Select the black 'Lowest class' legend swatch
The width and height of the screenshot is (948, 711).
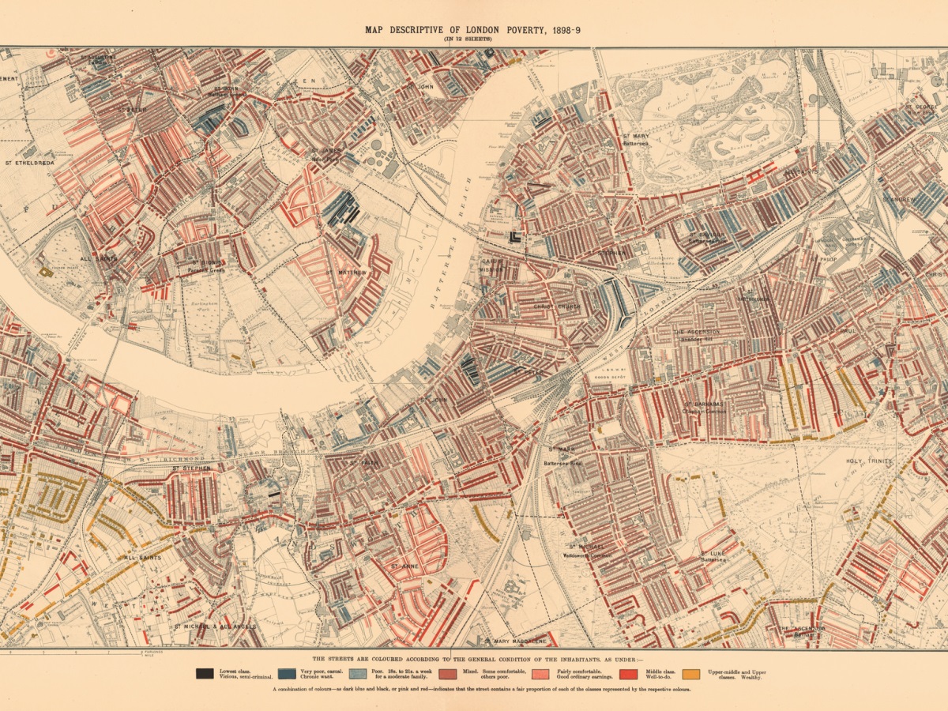205,674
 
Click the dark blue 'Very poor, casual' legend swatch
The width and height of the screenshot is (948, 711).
287,674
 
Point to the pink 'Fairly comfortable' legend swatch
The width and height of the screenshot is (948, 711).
541,674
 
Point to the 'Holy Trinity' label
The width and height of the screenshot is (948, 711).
869,461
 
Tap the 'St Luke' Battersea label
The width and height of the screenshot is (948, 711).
713,554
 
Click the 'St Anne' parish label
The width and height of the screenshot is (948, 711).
404,566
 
